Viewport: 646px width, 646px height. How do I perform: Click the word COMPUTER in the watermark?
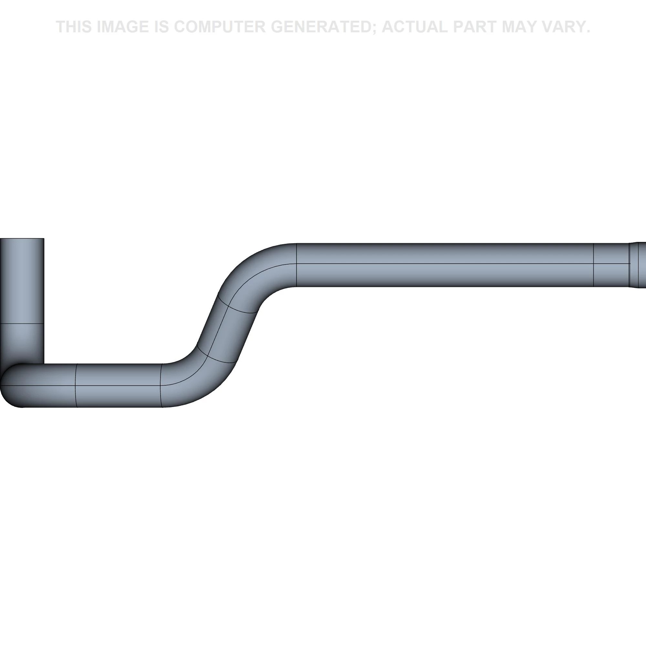[x=220, y=27]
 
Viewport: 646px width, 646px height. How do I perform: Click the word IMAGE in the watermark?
[x=122, y=27]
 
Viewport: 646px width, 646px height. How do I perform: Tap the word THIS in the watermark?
[x=74, y=27]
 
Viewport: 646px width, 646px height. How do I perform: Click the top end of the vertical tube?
[x=22, y=239]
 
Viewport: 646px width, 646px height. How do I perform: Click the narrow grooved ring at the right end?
[x=634, y=265]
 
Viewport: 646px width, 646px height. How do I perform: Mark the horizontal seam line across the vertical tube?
[x=22, y=323]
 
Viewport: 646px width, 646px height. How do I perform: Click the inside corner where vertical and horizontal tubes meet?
[x=44, y=364]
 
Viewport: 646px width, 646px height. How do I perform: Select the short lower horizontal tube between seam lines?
[x=119, y=386]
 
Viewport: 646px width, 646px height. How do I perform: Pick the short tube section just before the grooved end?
[x=611, y=265]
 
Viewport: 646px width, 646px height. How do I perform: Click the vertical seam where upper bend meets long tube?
[x=297, y=265]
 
